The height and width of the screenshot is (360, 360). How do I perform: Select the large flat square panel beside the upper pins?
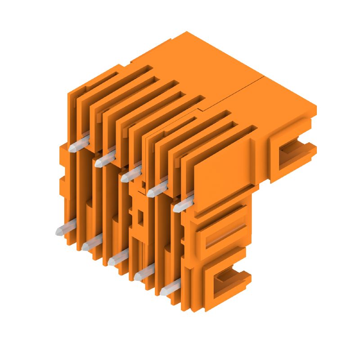tap(223, 169)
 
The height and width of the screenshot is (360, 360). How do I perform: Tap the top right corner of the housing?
tap(315, 108)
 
